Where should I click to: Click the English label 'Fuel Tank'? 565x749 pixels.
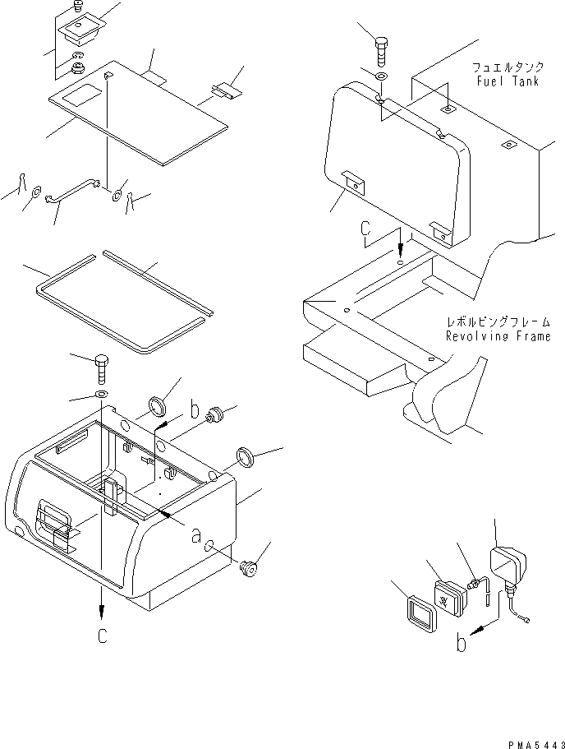pos(507,82)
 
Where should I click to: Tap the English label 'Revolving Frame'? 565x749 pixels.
pos(497,336)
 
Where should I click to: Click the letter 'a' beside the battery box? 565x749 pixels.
pos(196,535)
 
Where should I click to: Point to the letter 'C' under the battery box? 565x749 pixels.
pos(102,636)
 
